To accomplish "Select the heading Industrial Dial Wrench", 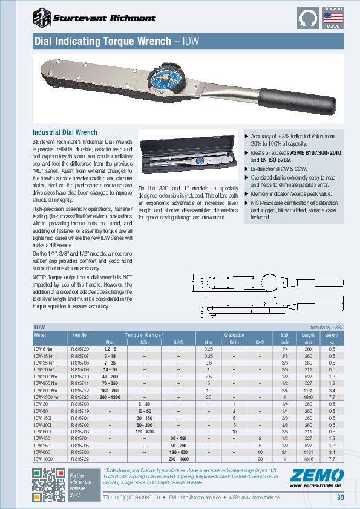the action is coord(65,132).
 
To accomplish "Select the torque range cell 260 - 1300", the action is coord(110,397).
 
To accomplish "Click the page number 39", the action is coord(341,498).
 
